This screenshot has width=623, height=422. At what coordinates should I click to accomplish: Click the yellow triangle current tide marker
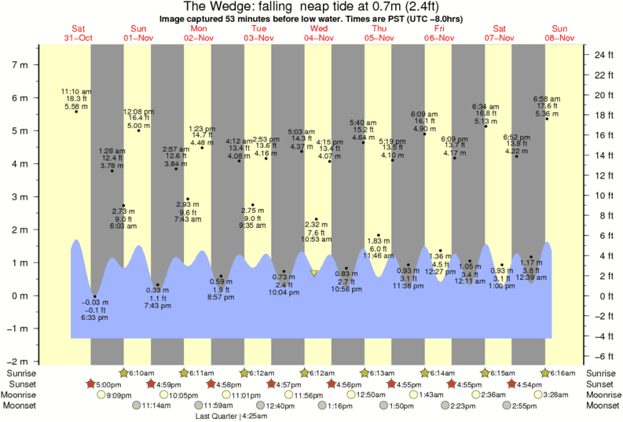(x=314, y=273)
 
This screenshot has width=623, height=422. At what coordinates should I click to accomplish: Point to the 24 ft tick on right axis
(x=603, y=55)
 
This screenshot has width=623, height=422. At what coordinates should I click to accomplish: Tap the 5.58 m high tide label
(x=76, y=107)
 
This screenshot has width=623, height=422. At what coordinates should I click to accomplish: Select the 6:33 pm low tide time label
(x=94, y=318)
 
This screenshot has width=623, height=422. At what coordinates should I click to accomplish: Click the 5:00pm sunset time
(x=110, y=384)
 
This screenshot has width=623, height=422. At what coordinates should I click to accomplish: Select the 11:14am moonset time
(x=156, y=406)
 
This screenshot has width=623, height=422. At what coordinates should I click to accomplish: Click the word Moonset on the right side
(x=601, y=406)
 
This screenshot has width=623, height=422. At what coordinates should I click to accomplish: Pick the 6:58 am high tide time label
(x=547, y=98)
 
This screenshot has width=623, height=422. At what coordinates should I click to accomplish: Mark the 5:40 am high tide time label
(x=363, y=123)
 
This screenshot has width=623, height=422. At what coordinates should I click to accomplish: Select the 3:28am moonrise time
(x=559, y=395)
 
